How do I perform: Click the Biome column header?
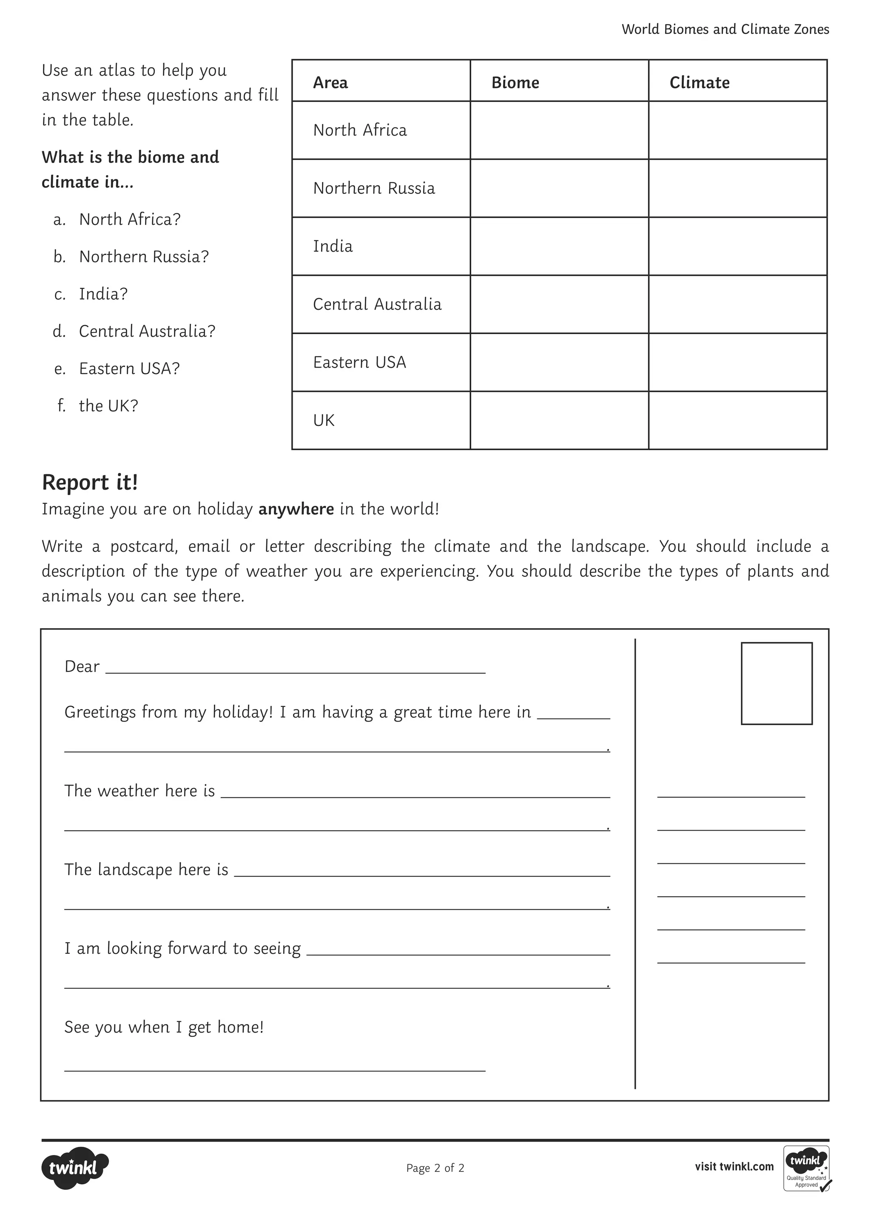tap(515, 82)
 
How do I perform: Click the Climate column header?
tap(699, 82)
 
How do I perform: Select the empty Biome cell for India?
tap(559, 246)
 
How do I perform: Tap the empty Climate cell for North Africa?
tap(737, 130)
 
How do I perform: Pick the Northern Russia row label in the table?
tap(374, 188)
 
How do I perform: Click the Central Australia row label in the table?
tap(377, 304)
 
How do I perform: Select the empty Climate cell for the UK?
tap(737, 420)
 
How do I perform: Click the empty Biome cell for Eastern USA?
tap(559, 363)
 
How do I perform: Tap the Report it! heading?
tap(90, 482)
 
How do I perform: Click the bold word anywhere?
tap(296, 509)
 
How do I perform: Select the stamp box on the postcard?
tap(776, 683)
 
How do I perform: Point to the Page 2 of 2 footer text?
tap(435, 1168)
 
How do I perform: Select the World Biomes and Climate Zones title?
tap(725, 29)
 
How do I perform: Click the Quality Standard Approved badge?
tap(806, 1169)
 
